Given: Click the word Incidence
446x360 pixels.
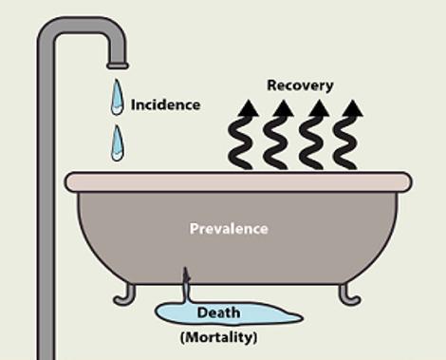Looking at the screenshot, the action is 165,104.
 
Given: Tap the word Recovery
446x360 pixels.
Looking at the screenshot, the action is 300,85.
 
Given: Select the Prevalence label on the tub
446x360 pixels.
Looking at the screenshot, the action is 229,229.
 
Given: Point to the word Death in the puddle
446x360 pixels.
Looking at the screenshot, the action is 218,313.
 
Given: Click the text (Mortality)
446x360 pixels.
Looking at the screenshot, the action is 218,337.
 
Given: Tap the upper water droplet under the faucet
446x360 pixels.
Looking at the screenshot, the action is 117,97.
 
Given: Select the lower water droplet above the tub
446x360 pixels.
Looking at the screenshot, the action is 118,143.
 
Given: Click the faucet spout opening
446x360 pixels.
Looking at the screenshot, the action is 118,66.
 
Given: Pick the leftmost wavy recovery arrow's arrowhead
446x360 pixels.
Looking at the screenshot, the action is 248,108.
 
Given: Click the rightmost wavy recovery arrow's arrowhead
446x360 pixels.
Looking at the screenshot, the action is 352,108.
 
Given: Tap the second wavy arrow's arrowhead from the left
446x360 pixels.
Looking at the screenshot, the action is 284,108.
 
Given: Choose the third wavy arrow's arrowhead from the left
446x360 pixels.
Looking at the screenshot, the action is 319,108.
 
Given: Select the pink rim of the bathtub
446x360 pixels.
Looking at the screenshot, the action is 238,182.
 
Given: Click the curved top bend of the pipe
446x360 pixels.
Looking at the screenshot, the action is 83,25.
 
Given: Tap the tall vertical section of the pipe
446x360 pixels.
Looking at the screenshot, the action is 46,202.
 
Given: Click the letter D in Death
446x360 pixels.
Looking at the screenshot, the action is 202,313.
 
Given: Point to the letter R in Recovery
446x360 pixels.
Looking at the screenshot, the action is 272,85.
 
